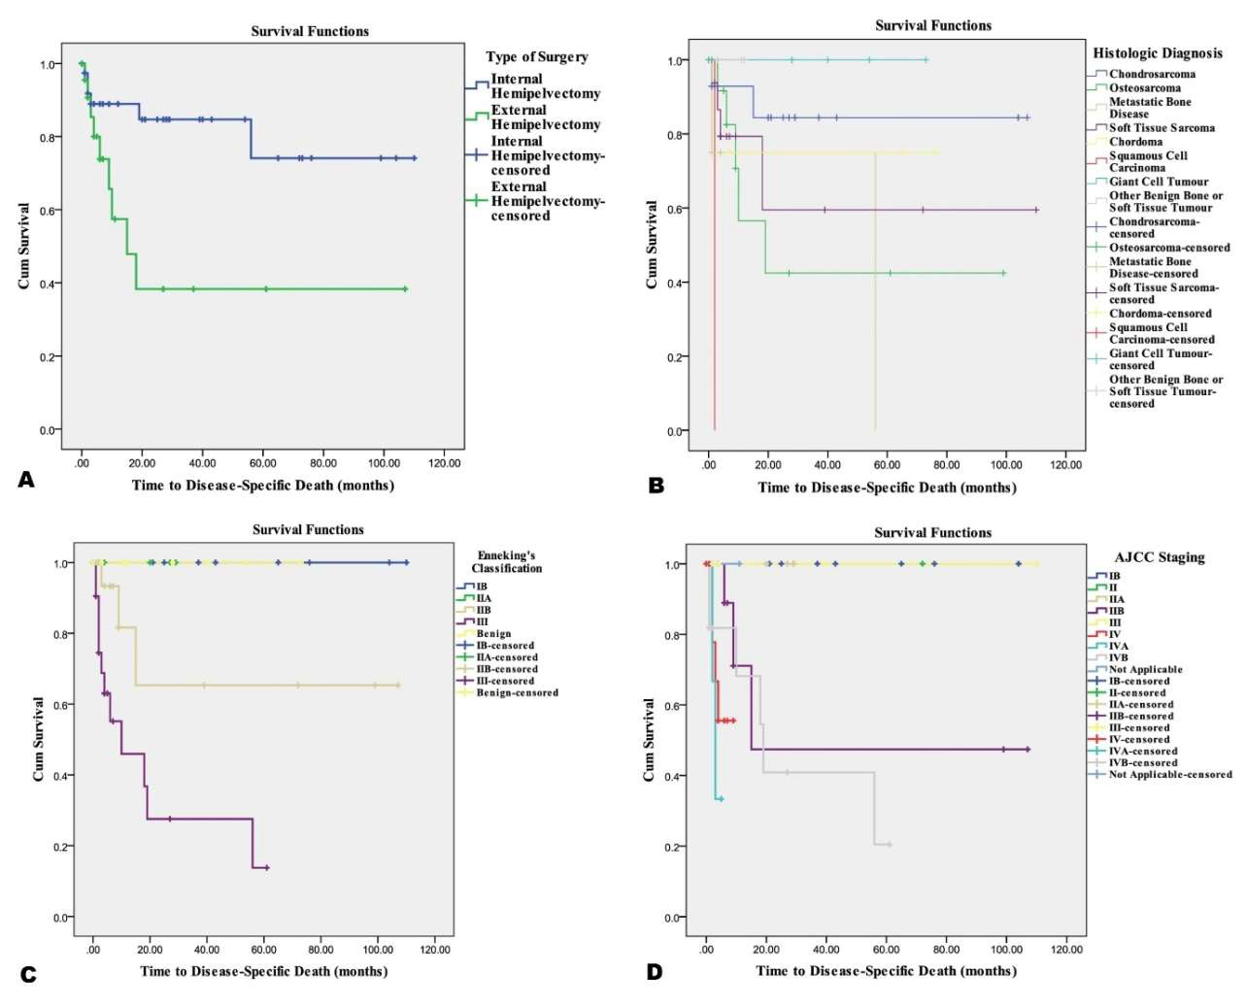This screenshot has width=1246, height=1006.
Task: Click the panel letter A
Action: pos(26,480)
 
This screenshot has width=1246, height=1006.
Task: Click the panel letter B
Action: pos(657,485)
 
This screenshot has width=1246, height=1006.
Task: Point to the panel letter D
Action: pos(655,972)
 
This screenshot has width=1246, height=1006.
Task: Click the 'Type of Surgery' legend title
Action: pos(537,56)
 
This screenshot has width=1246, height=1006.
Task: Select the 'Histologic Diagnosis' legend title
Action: pos(1158,52)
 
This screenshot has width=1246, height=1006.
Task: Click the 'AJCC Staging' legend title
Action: pos(1159,557)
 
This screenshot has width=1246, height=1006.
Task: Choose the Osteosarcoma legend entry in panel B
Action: pos(1144,87)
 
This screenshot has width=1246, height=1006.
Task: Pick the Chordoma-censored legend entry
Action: pos(1160,314)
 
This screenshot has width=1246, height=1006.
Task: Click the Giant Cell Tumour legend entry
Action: pos(1158,182)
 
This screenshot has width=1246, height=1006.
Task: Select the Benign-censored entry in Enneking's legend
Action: pos(516,692)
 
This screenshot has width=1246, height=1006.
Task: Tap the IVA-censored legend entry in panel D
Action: pos(1142,751)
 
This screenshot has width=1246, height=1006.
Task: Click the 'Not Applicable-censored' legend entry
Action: pos(1169,774)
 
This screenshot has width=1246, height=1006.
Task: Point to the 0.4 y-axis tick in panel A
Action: pos(49,284)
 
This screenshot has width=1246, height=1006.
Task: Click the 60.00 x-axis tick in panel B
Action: pos(887,465)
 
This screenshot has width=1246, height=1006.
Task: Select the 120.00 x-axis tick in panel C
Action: pos(435,950)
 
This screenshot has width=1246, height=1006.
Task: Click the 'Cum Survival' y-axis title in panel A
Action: pos(24,246)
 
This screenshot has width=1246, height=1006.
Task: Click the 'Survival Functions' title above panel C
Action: pos(308,529)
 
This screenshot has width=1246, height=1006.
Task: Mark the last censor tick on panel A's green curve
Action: pos(405,289)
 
